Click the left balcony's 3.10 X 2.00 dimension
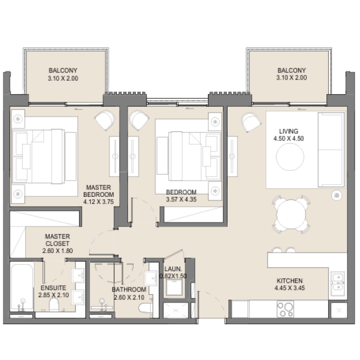tap(63, 78)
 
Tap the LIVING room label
tap(289, 131)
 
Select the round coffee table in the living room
tap(290, 157)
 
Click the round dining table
tap(291, 214)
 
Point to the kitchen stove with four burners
tap(285, 309)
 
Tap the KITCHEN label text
tap(290, 281)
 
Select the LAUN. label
tap(173, 269)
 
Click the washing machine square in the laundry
tap(174, 287)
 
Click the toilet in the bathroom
tap(146, 307)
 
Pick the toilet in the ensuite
tap(54, 305)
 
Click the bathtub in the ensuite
tap(22, 287)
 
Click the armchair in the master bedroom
tap(105, 120)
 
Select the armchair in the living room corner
tap(251, 122)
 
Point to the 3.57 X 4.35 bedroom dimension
tap(181, 199)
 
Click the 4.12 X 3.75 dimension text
tap(99, 202)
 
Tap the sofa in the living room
tap(331, 150)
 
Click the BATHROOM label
tap(129, 290)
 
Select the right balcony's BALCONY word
tap(291, 70)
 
